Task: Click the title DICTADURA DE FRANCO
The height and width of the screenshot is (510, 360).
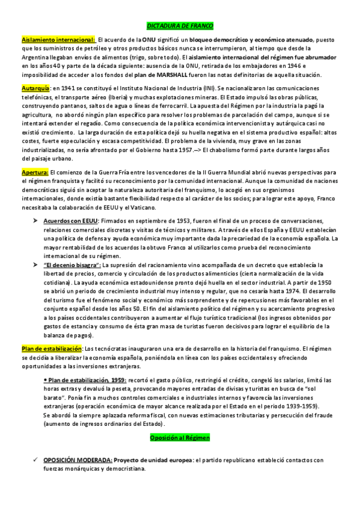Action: (180, 26)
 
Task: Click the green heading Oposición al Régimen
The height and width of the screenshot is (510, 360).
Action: (180, 439)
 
